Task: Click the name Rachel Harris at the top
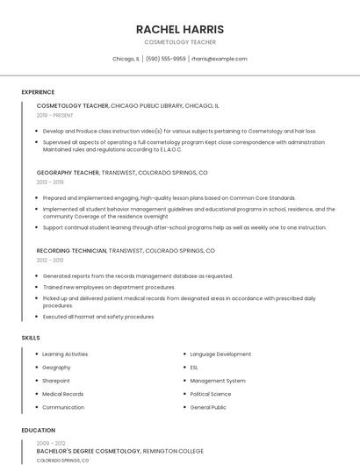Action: pos(180,29)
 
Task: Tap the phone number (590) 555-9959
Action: pos(165,59)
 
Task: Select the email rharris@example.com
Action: pos(220,59)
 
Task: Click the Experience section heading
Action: pos(38,92)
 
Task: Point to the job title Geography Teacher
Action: pos(68,173)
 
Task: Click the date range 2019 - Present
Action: pos(55,115)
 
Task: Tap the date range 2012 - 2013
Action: pos(50,261)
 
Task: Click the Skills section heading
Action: pos(31,338)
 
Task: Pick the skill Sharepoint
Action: pos(56,381)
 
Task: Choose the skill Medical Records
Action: pos(63,394)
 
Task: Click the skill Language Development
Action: pos(220,354)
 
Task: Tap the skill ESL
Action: pos(194,368)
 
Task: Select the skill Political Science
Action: pos(211,394)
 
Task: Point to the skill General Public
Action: pos(208,407)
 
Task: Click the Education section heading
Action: pos(38,431)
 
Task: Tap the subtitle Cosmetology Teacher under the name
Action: pos(180,42)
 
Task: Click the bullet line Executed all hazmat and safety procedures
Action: pos(98,317)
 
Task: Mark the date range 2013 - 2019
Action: pos(50,182)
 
